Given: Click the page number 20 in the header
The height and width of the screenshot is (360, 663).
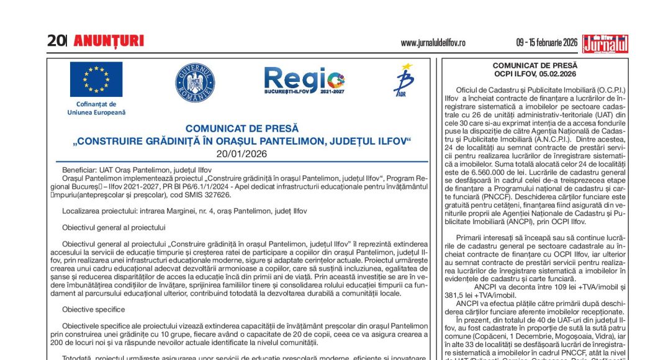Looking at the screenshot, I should click(55, 41).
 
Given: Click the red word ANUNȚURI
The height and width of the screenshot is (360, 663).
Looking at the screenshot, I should click(109, 42).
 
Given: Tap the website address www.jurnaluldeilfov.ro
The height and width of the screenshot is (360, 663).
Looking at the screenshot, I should click(433, 43).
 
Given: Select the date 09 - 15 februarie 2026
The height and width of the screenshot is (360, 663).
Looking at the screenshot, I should click(547, 43).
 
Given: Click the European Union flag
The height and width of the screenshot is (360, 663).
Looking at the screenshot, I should click(96, 79).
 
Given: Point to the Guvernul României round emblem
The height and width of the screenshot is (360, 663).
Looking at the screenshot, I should click(195, 83).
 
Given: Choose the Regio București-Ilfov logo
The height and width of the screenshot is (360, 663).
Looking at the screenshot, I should click(304, 81).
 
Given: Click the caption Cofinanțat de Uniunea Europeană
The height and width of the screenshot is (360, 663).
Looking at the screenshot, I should click(96, 108).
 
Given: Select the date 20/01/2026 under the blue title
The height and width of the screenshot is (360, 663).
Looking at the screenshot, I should click(241, 153).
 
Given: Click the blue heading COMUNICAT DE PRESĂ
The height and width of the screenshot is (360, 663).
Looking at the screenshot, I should click(241, 128).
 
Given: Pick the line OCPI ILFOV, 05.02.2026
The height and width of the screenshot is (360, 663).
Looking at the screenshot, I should click(534, 73).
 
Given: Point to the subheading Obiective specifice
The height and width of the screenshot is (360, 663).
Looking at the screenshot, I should click(93, 309).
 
